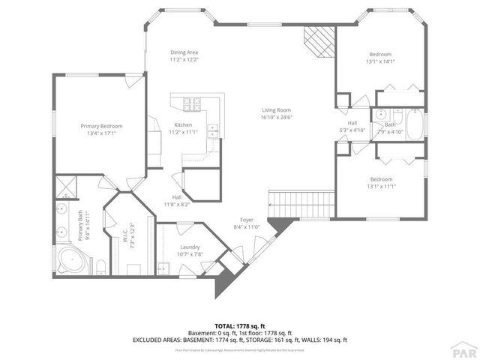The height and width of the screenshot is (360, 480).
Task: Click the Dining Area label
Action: coord(183,52)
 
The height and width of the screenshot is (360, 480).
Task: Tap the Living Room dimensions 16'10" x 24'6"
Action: coord(275,117)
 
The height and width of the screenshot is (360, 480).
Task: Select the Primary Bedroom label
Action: coord(101,126)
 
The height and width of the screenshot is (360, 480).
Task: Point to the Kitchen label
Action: coord(183,124)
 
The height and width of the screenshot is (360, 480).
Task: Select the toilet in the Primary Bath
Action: coord(100,265)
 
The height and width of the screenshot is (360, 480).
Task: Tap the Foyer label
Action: coord(246,220)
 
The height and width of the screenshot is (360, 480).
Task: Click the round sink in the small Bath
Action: coord(381,125)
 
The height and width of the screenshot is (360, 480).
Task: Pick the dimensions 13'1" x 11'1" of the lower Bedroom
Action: coord(380,185)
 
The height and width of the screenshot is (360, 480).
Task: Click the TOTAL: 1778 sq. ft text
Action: coord(240,326)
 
